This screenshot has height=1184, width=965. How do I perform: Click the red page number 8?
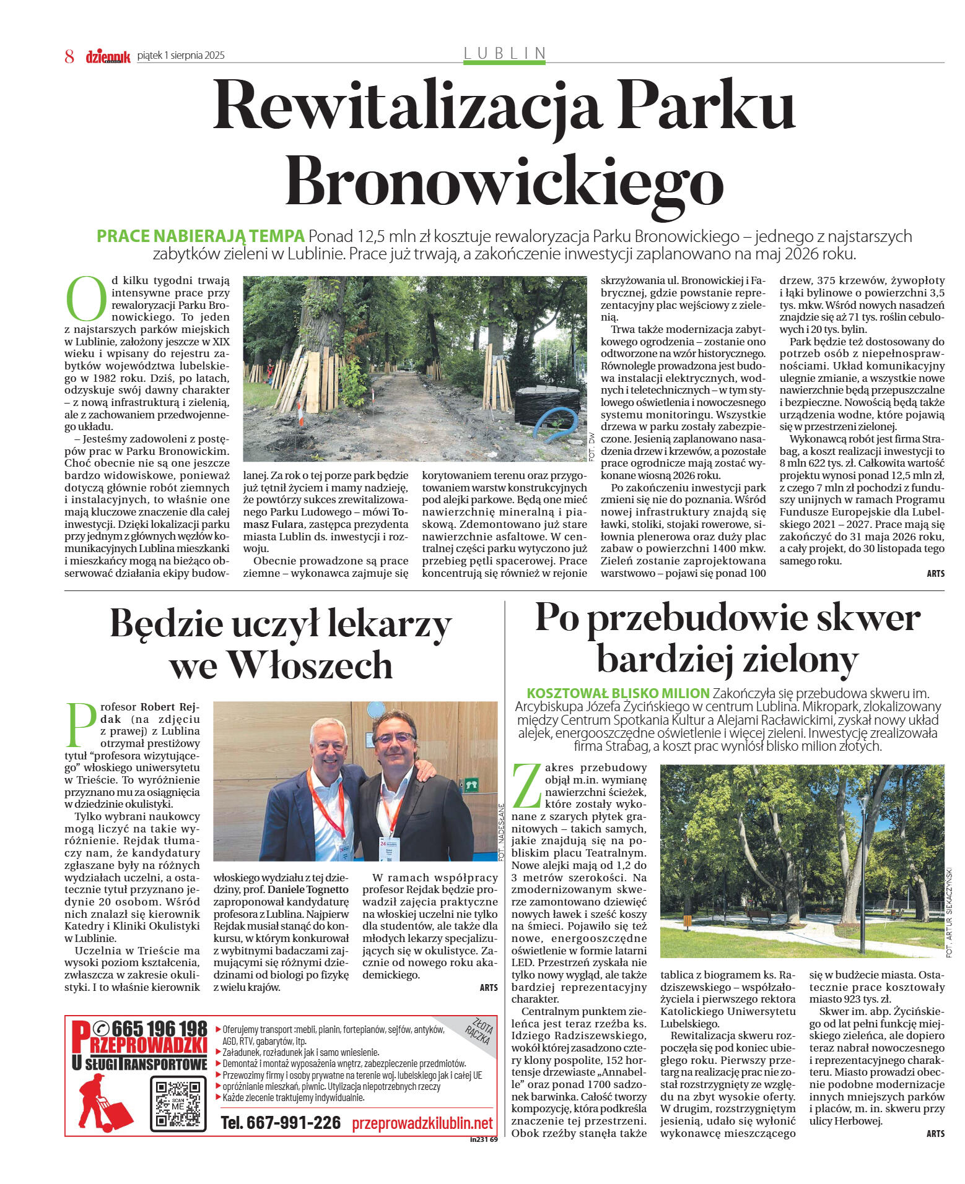click(x=69, y=56)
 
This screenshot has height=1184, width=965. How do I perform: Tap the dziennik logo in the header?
click(x=108, y=56)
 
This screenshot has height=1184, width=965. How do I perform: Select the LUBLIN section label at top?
click(x=505, y=53)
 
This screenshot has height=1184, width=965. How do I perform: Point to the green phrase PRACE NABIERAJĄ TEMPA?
click(x=200, y=236)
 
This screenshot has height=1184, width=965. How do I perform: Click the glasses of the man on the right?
click(x=395, y=738)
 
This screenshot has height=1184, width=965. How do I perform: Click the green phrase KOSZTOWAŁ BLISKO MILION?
click(x=618, y=693)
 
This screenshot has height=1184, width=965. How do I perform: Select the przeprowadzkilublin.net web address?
click(x=422, y=1123)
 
